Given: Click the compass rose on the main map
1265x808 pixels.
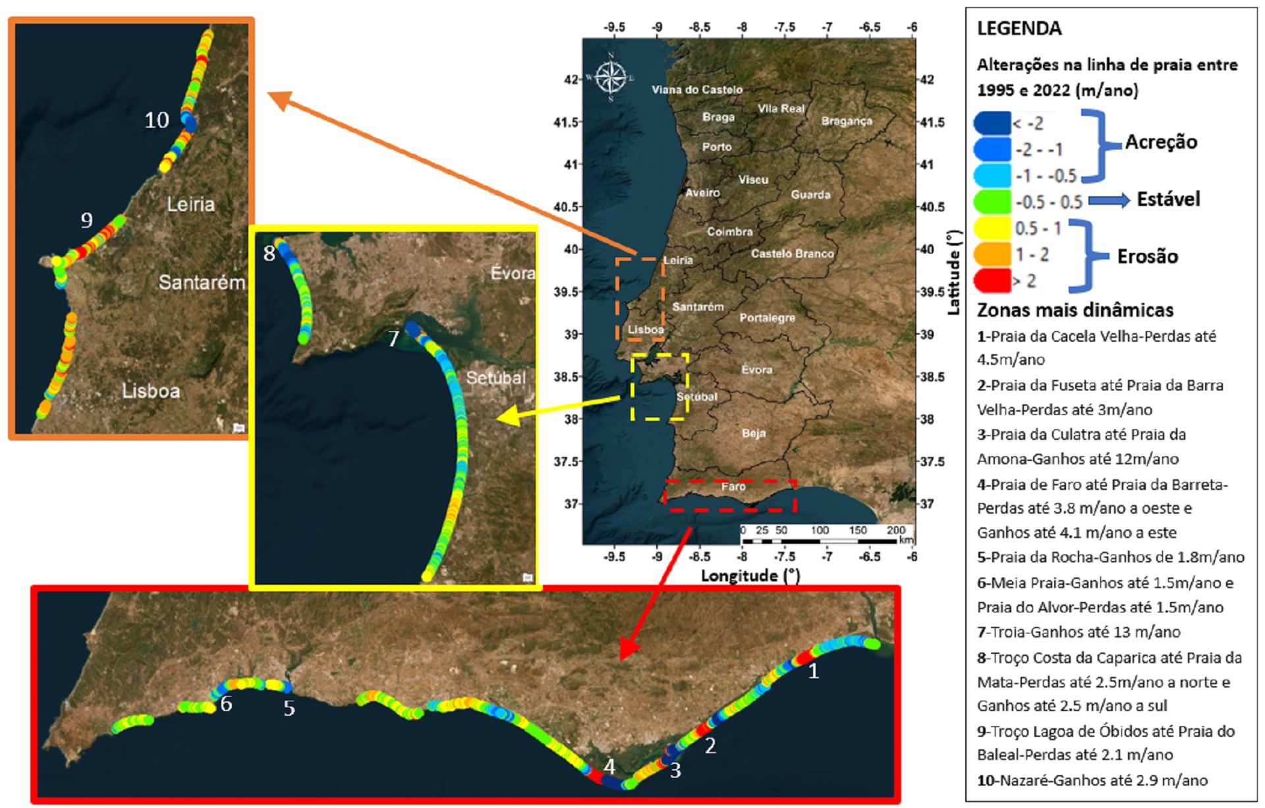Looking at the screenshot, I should (611, 77).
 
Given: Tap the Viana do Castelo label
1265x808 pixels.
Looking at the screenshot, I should (696, 90).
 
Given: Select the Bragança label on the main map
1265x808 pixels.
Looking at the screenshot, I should (846, 121).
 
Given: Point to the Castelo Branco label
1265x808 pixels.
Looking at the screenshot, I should (792, 254).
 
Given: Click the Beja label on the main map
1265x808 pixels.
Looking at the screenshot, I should (753, 433).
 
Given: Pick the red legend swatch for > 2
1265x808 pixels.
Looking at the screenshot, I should (992, 281).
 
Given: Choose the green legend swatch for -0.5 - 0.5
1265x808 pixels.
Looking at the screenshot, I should (992, 202).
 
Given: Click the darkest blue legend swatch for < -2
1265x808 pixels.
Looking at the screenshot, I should (992, 123).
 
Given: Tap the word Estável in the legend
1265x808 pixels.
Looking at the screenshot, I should (1168, 199).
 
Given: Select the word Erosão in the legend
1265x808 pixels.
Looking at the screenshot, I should (1147, 256).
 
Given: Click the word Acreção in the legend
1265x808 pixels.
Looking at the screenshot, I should (1161, 142).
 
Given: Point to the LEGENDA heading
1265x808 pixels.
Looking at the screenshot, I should (1019, 29).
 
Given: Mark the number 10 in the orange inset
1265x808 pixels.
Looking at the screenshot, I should (157, 121).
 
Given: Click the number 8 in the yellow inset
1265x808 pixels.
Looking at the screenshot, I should (269, 254).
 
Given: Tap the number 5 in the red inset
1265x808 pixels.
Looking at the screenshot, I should (289, 709).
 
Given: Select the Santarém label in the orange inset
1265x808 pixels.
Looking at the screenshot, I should (201, 283).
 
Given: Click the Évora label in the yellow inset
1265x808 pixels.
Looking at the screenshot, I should (512, 273).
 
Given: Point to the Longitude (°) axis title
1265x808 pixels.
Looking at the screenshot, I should (750, 576).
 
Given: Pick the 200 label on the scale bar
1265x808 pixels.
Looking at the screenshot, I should (895, 530).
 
